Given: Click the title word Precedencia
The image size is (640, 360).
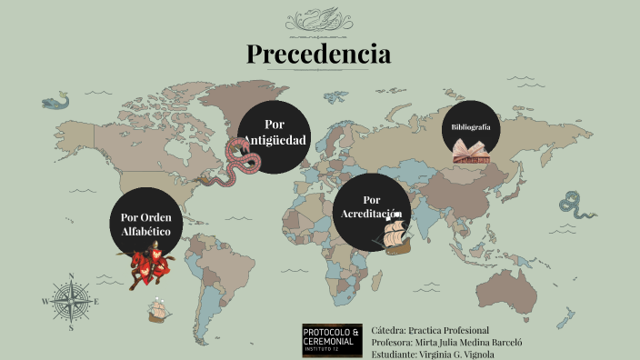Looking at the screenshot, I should pyautogui.click(x=319, y=54).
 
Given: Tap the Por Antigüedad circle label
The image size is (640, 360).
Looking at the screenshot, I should pyautogui.click(x=274, y=133).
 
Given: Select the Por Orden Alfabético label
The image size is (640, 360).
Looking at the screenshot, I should pyautogui.click(x=146, y=225).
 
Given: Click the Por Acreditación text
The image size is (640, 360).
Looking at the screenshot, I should pyautogui.click(x=370, y=206).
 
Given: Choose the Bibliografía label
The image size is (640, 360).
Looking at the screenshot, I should pyautogui.click(x=471, y=127).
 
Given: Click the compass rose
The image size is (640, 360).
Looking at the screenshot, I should pyautogui.click(x=71, y=301).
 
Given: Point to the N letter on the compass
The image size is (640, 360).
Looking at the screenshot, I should pyautogui.click(x=71, y=276).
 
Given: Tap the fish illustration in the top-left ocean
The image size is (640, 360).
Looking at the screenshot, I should pyautogui.click(x=56, y=99).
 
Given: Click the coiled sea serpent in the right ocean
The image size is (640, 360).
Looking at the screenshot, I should pyautogui.click(x=573, y=203).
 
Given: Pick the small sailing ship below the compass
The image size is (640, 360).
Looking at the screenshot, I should pyautogui.click(x=159, y=311).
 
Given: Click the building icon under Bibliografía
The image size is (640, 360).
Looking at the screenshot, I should pyautogui.click(x=471, y=152).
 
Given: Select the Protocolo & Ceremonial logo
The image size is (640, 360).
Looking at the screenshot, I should pyautogui.click(x=332, y=340).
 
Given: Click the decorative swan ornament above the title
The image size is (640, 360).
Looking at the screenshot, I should pyautogui.click(x=319, y=17).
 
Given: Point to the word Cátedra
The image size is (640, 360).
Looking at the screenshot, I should pyautogui.click(x=388, y=329).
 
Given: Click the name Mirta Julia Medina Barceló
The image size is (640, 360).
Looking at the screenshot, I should pyautogui.click(x=469, y=342).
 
